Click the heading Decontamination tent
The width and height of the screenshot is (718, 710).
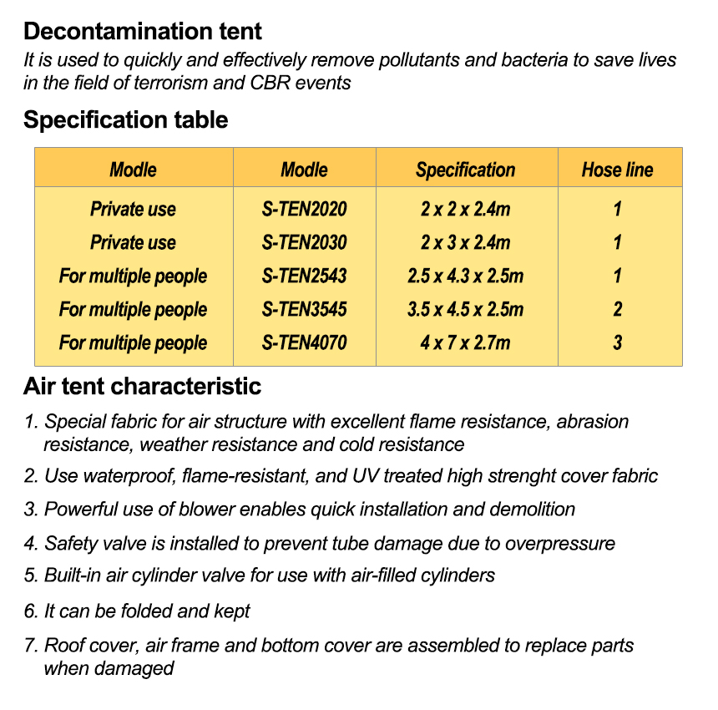click(x=142, y=32)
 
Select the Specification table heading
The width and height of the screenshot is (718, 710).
click(x=125, y=120)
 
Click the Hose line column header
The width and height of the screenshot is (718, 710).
click(x=617, y=170)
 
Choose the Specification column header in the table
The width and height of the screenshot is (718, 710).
click(x=465, y=170)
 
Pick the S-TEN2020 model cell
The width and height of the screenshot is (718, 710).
click(x=304, y=209)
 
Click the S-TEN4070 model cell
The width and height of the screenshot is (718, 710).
click(x=304, y=342)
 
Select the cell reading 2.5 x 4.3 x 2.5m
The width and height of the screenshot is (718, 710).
click(x=465, y=276)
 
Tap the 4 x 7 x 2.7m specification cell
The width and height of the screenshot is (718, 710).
click(x=465, y=342)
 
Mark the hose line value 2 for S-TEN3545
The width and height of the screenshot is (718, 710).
click(x=617, y=309)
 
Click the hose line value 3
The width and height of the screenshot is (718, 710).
click(x=617, y=342)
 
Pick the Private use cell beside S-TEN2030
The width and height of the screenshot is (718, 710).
click(x=133, y=242)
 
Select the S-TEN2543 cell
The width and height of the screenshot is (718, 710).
click(x=304, y=276)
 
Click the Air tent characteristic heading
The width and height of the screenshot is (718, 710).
click(x=142, y=387)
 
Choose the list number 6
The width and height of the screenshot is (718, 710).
click(x=29, y=611)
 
